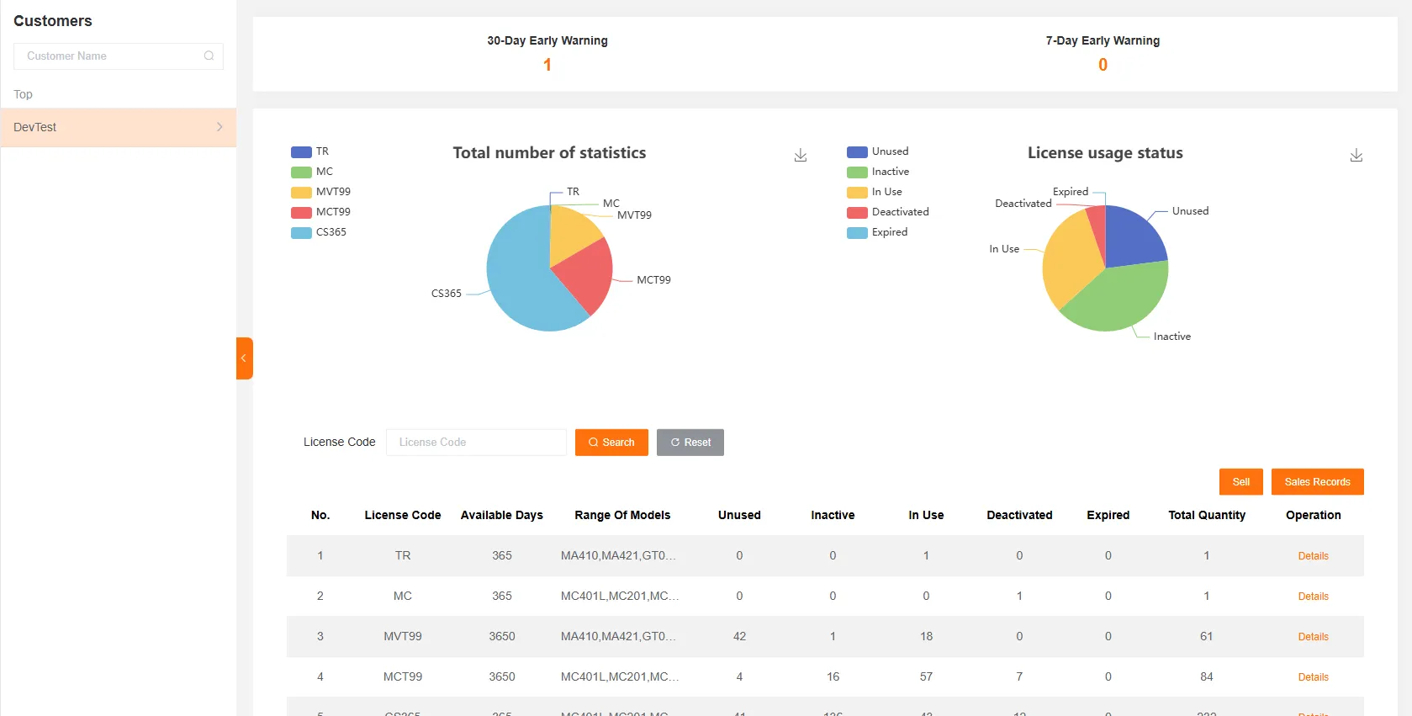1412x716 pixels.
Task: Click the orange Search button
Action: (611, 443)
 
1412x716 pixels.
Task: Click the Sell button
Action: (1240, 482)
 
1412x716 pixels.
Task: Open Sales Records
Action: (1317, 482)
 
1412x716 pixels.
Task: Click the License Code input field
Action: (476, 443)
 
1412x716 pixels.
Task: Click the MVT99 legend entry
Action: (321, 192)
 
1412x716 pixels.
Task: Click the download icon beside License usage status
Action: (1356, 156)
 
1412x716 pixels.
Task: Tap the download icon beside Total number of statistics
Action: (800, 156)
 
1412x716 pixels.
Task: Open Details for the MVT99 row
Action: (1313, 637)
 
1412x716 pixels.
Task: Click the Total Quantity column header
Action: (1206, 515)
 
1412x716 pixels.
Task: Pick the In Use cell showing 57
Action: (926, 676)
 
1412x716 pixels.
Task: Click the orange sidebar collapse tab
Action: (244, 358)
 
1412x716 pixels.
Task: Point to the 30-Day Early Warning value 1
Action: (547, 65)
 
